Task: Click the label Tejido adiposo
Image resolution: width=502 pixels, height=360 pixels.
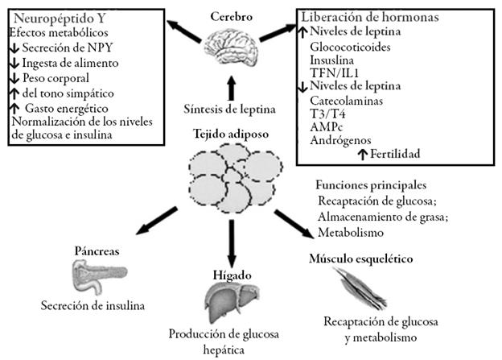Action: (230, 133)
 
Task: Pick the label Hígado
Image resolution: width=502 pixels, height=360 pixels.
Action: (229, 274)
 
